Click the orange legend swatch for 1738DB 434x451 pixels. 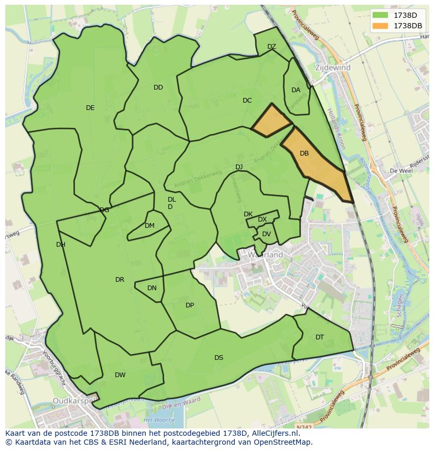click(x=381, y=26)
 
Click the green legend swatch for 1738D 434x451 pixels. click(x=381, y=15)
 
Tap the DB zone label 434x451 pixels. click(x=304, y=153)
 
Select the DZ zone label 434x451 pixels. click(x=272, y=47)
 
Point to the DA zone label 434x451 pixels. click(x=296, y=90)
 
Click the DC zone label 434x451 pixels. click(x=247, y=101)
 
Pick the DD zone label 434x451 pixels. click(x=158, y=87)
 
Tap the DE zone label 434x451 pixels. click(x=90, y=108)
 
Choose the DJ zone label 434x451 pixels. click(x=239, y=167)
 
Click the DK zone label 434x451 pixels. click(x=248, y=214)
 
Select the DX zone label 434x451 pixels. click(x=262, y=219)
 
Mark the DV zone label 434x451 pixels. click(x=266, y=234)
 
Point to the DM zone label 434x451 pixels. click(x=149, y=226)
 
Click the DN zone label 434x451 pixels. click(x=152, y=288)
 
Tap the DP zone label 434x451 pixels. click(x=190, y=305)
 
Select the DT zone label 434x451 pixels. click(x=320, y=337)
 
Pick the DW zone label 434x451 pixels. click(x=120, y=375)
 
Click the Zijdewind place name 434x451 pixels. click(x=333, y=68)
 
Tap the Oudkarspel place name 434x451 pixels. click(x=73, y=402)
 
